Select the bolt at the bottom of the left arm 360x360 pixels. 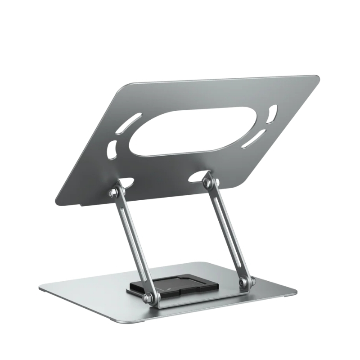[x=147, y=298]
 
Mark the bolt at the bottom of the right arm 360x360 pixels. [x=244, y=282]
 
